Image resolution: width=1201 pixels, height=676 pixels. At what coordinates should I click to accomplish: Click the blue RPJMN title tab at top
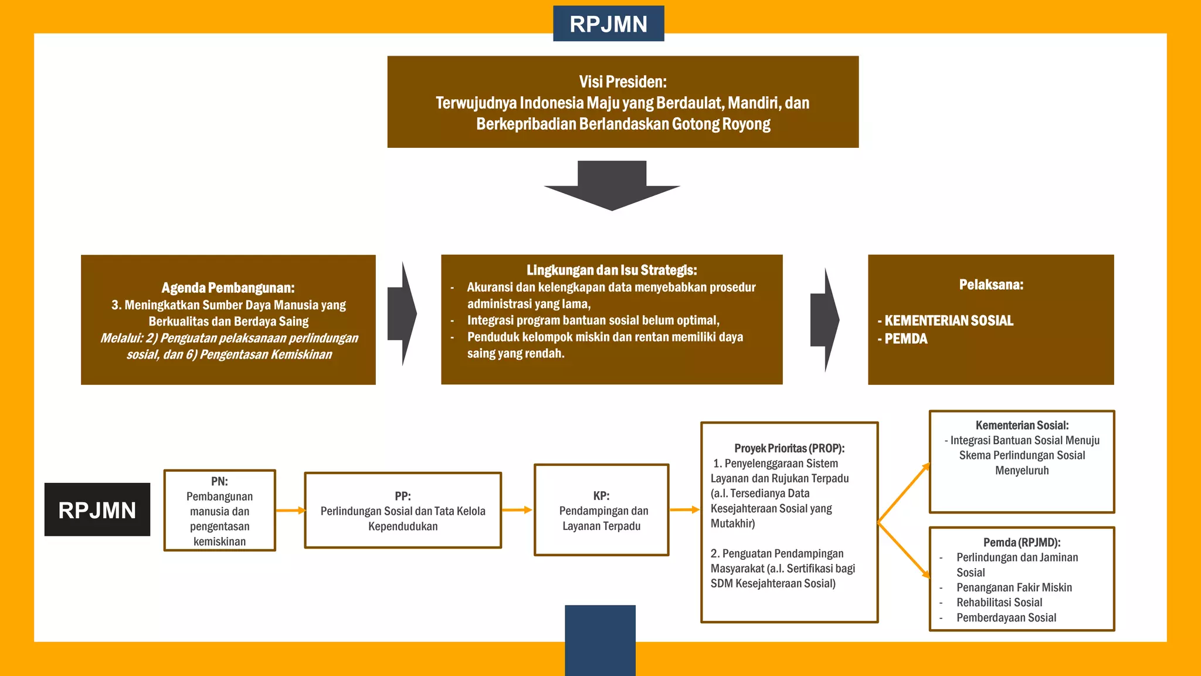pyautogui.click(x=608, y=24)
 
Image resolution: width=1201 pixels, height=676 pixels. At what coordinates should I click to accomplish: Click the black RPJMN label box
pyautogui.click(x=97, y=509)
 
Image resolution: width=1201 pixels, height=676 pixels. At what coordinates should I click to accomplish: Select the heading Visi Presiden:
pyautogui.click(x=623, y=82)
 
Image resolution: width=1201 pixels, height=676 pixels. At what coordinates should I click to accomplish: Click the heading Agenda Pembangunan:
pyautogui.click(x=228, y=288)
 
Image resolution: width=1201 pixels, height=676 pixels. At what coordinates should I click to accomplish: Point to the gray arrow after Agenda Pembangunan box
pyautogui.click(x=403, y=314)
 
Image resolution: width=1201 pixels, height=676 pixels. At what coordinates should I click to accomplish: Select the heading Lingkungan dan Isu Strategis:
pyautogui.click(x=612, y=270)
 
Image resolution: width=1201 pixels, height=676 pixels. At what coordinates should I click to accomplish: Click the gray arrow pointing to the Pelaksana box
pyautogui.click(x=825, y=320)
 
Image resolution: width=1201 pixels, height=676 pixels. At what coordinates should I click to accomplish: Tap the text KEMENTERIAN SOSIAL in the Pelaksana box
pyautogui.click(x=948, y=320)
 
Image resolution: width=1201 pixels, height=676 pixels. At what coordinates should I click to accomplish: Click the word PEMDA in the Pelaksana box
pyautogui.click(x=905, y=339)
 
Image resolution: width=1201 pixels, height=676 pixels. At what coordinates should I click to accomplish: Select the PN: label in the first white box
pyautogui.click(x=219, y=481)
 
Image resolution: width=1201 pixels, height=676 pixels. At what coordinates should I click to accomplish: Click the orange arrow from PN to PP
pyautogui.click(x=290, y=511)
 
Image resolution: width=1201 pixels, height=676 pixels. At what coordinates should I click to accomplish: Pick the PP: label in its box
pyautogui.click(x=402, y=496)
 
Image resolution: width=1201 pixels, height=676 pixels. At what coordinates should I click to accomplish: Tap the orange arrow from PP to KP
pyautogui.click(x=517, y=510)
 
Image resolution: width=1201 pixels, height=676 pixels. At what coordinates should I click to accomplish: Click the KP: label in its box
pyautogui.click(x=601, y=496)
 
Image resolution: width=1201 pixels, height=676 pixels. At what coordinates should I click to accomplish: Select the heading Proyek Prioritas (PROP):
pyautogui.click(x=789, y=448)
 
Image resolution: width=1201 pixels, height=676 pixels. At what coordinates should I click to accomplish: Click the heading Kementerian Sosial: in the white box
pyautogui.click(x=1022, y=425)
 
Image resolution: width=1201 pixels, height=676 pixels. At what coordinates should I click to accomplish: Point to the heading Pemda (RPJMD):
pyautogui.click(x=1022, y=543)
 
